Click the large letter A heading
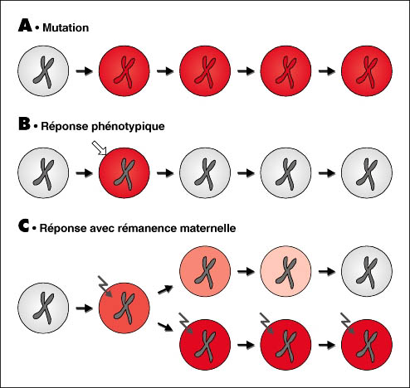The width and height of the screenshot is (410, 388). coord(25,25)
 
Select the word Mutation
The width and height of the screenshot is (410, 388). coord(66,27)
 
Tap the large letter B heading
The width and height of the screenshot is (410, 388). coord(24,124)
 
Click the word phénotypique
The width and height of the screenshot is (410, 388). coord(128,127)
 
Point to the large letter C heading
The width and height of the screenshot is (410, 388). coord(24,226)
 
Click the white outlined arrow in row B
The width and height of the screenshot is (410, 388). coord(99,148)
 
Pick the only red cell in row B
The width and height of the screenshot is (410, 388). coord(124,173)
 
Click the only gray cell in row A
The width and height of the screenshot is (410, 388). coord(43,71)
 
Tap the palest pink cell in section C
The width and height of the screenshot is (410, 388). coord(286,271)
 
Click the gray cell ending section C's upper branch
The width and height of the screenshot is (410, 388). coord(367,271)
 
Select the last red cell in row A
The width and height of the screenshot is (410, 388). coord(367,71)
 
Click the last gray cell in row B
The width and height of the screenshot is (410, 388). coord(367,173)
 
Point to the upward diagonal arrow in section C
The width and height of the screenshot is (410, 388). coord(165,289)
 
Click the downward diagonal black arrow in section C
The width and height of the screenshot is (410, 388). coord(165,327)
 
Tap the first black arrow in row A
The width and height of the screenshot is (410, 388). coord(85,71)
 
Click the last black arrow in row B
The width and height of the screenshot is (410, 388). coord(327,173)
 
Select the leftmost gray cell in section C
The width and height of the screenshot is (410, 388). coord(43,308)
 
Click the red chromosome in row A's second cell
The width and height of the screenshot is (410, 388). coord(124,72)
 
